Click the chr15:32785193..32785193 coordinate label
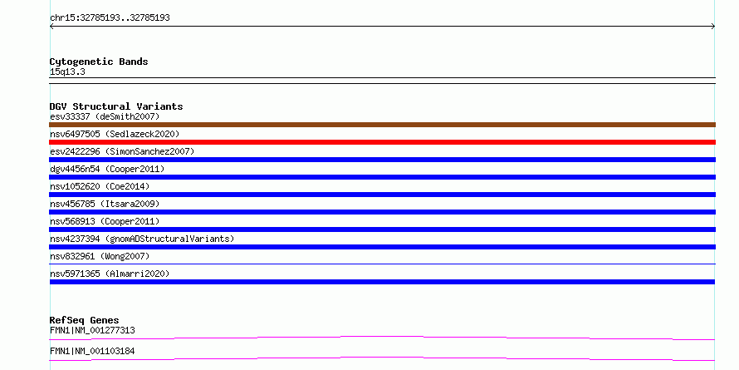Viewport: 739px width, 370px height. (110, 18)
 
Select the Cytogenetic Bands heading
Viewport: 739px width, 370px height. (99, 62)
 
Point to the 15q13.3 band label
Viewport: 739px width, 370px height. (67, 72)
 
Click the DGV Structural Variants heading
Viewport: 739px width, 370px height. (116, 106)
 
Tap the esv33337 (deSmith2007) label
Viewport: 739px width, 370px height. (105, 116)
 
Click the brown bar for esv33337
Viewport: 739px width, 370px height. (382, 125)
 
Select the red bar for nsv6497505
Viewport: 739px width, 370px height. (382, 142)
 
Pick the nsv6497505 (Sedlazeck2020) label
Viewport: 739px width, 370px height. (115, 134)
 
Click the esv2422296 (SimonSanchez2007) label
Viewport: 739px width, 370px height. (122, 151)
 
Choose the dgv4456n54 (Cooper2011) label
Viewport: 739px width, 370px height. (107, 169)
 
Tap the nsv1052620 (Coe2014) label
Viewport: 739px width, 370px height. (100, 186)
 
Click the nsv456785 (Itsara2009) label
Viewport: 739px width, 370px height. (105, 204)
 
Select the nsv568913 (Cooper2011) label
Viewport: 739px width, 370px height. (105, 221)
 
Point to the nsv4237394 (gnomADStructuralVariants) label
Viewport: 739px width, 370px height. (142, 239)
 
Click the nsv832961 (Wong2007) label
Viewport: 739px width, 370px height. (100, 256)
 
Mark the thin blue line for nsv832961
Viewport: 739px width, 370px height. (382, 264)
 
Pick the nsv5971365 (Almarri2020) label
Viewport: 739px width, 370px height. (110, 274)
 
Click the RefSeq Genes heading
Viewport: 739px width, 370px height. (84, 320)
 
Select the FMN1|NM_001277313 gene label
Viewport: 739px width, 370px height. (92, 330)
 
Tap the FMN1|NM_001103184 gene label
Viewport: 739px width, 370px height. (92, 351)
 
